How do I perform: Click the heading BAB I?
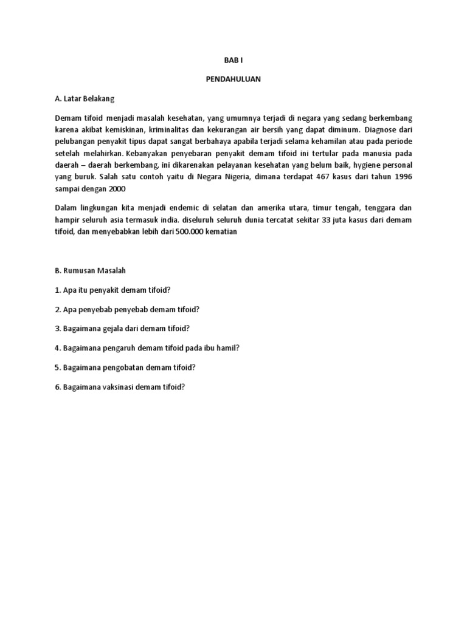coord(233,61)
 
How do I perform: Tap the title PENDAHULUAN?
coord(233,80)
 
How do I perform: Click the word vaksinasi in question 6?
coord(119,387)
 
